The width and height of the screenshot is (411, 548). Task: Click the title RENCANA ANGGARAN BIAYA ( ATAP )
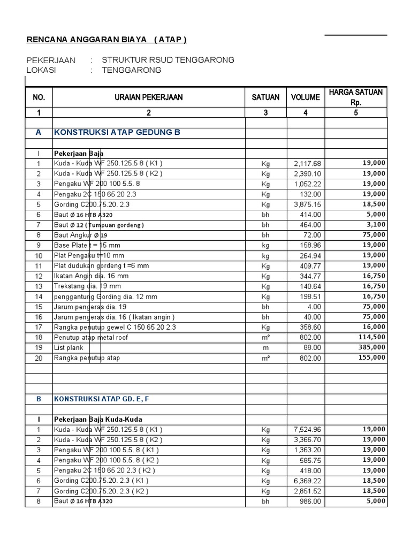[106, 40]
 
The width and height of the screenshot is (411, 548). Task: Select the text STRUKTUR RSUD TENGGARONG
[168, 60]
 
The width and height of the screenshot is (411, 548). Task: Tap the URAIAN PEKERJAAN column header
[148, 97]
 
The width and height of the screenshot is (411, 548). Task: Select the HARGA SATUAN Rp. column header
[356, 97]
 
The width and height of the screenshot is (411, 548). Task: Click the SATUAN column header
[265, 97]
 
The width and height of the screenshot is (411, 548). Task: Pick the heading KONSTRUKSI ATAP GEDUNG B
[116, 133]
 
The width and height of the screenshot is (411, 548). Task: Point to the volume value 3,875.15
[307, 204]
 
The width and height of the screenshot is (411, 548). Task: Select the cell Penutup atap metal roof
[91, 337]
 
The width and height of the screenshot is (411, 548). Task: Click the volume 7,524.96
[307, 429]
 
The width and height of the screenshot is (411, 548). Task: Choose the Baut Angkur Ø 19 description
[81, 235]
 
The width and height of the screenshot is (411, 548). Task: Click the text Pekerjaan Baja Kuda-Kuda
[98, 419]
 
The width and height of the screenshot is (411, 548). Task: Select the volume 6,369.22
[307, 481]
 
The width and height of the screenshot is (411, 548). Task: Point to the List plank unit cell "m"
[265, 348]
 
